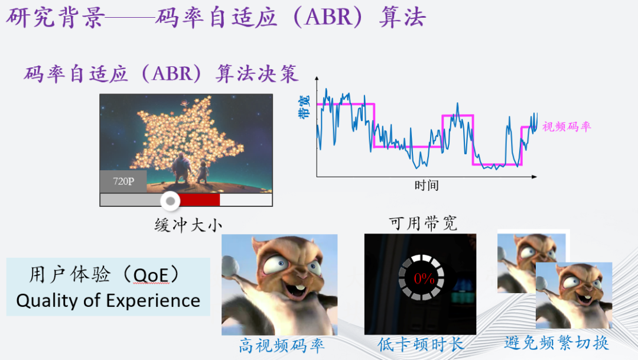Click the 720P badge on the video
(123, 181)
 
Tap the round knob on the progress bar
(171, 201)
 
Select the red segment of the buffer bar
(198, 200)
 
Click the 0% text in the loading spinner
(424, 279)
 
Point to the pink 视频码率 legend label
(567, 127)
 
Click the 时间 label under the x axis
(426, 185)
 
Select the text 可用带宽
(424, 223)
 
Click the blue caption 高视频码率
(282, 345)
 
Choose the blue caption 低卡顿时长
(421, 345)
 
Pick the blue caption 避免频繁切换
(556, 343)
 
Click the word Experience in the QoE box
(154, 301)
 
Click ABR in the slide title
(327, 18)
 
